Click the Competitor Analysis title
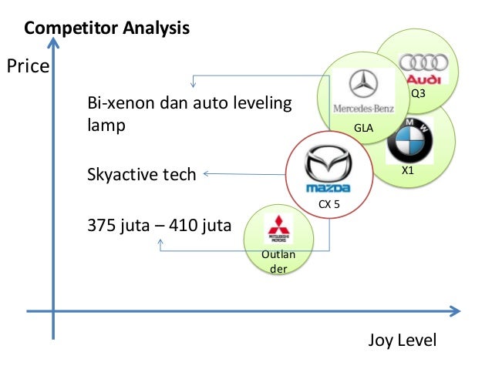[x=107, y=30]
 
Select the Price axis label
[x=29, y=66]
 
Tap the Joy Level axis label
[x=402, y=340]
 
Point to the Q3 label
[x=417, y=93]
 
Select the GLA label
[x=362, y=128]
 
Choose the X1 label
[x=408, y=172]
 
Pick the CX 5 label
[x=329, y=204]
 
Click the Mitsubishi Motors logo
[x=276, y=229]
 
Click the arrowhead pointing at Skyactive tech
[x=206, y=174]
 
